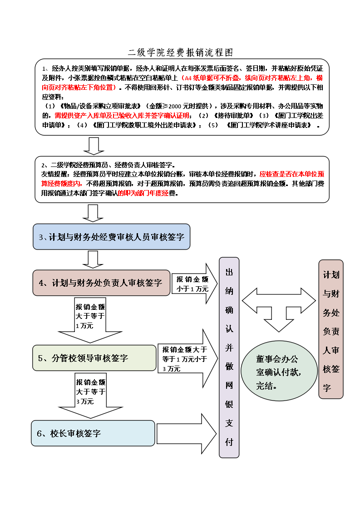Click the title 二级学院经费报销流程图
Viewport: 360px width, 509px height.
(180, 52)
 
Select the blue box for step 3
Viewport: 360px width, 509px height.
(111, 237)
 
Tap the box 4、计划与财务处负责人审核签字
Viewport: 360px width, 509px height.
(101, 283)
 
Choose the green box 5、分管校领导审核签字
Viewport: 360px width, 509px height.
(94, 358)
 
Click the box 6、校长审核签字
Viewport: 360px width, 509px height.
(93, 433)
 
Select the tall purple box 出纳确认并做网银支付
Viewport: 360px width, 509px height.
(229, 357)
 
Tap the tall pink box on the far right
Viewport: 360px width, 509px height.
(331, 329)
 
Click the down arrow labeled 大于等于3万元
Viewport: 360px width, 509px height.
(91, 395)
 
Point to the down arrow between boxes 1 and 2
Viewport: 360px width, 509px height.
(94, 145)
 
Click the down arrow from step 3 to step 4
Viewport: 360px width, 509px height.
(94, 259)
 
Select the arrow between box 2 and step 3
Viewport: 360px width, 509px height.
(94, 213)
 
